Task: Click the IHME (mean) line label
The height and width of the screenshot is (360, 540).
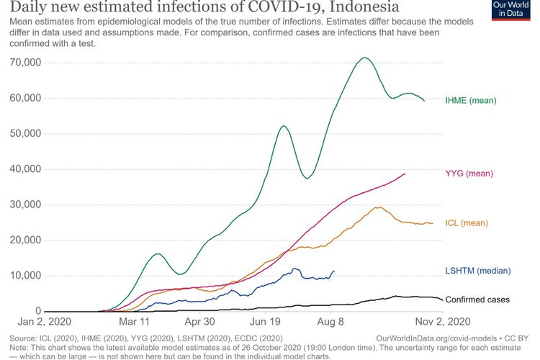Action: (x=470, y=100)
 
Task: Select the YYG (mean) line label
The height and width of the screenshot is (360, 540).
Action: (x=469, y=174)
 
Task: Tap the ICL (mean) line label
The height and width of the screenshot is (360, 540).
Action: (x=467, y=223)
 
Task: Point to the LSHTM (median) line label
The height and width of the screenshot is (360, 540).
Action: (x=478, y=271)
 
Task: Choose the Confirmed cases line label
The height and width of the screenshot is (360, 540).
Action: (x=477, y=300)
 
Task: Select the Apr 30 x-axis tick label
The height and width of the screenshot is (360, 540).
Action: (x=199, y=323)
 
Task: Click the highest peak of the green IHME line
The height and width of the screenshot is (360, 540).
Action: (x=365, y=58)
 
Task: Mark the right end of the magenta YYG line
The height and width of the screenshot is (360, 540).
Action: (x=405, y=174)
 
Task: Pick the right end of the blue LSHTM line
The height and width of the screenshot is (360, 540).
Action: (x=334, y=271)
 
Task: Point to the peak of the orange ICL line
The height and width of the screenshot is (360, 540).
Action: (x=378, y=207)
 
